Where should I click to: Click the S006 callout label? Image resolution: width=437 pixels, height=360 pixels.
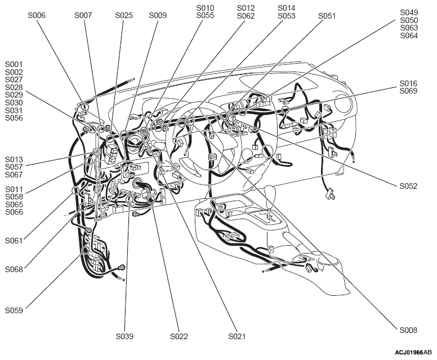pyautogui.click(x=37, y=15)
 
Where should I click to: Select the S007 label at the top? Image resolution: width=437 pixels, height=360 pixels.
pyautogui.click(x=83, y=15)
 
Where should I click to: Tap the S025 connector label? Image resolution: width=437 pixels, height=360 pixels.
pyautogui.click(x=124, y=15)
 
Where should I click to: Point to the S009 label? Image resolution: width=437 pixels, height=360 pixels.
pyautogui.click(x=158, y=15)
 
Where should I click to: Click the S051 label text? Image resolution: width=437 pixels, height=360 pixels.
pyautogui.click(x=327, y=16)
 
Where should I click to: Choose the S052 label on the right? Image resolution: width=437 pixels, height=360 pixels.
pyautogui.click(x=409, y=186)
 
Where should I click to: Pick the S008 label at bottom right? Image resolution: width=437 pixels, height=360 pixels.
pyautogui.click(x=409, y=330)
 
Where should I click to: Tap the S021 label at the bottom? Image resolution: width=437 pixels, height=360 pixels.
pyautogui.click(x=237, y=336)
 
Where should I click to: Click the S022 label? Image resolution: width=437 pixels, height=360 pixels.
pyautogui.click(x=179, y=336)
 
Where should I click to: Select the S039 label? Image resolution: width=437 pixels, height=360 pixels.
pyautogui.click(x=124, y=336)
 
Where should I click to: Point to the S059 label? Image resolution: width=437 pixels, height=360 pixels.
pyautogui.click(x=14, y=310)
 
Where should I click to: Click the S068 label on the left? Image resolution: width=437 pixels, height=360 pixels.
pyautogui.click(x=14, y=269)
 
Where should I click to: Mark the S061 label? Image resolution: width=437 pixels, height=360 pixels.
pyautogui.click(x=14, y=241)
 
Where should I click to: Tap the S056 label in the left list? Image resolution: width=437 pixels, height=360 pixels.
pyautogui.click(x=14, y=118)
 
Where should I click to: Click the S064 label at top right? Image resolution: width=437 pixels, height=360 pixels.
pyautogui.click(x=409, y=35)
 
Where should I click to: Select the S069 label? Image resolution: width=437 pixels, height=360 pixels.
pyautogui.click(x=409, y=91)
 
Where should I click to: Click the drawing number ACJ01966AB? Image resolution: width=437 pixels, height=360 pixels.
pyautogui.click(x=413, y=352)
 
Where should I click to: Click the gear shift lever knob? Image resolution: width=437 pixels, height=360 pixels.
pyautogui.click(x=270, y=193)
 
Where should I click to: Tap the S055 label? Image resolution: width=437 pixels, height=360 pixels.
pyautogui.click(x=205, y=16)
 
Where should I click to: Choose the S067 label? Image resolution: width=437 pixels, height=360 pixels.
pyautogui.click(x=14, y=175)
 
